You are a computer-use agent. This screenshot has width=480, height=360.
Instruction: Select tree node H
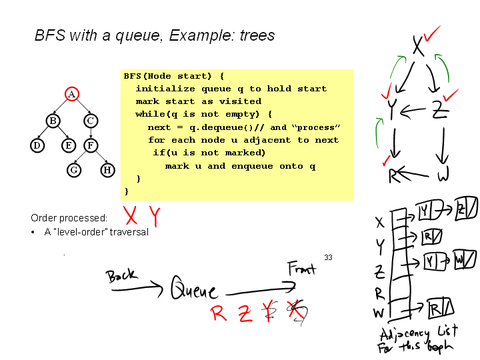(x=107, y=170)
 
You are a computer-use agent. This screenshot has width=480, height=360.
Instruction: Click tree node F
(x=91, y=145)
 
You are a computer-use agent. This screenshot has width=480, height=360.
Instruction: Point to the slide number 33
(x=328, y=257)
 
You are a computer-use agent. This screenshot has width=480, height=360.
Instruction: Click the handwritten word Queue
(x=194, y=289)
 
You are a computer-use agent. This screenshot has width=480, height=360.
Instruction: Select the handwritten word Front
(x=302, y=269)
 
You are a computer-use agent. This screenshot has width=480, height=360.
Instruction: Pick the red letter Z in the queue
(x=245, y=313)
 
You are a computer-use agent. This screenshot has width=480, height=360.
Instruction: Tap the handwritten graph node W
(x=443, y=176)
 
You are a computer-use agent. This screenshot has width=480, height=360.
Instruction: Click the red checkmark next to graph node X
(x=432, y=32)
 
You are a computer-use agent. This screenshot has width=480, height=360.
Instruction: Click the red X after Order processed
(x=131, y=215)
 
